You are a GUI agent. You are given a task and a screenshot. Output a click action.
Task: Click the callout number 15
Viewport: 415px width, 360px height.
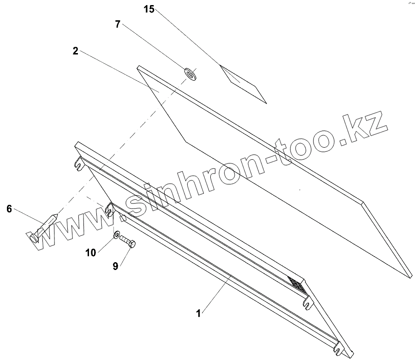click(148, 9)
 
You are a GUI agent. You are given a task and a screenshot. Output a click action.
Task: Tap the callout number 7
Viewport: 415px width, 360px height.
click(118, 24)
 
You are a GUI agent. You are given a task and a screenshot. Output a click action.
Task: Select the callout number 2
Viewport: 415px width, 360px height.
click(75, 51)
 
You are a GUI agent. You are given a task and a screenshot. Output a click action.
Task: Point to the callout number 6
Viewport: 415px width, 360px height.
click(9, 209)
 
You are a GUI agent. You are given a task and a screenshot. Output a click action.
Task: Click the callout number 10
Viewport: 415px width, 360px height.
click(91, 252)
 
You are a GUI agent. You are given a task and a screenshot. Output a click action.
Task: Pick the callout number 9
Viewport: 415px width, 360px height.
click(116, 266)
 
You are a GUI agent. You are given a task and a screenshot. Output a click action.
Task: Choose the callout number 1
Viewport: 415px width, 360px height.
click(198, 313)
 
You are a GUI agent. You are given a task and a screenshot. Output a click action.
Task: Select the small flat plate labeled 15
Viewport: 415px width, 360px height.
click(243, 84)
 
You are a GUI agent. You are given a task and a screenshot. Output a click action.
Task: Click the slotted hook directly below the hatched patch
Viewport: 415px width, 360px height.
click(308, 302)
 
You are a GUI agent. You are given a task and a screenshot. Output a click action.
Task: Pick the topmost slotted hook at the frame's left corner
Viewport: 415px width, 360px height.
click(79, 163)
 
